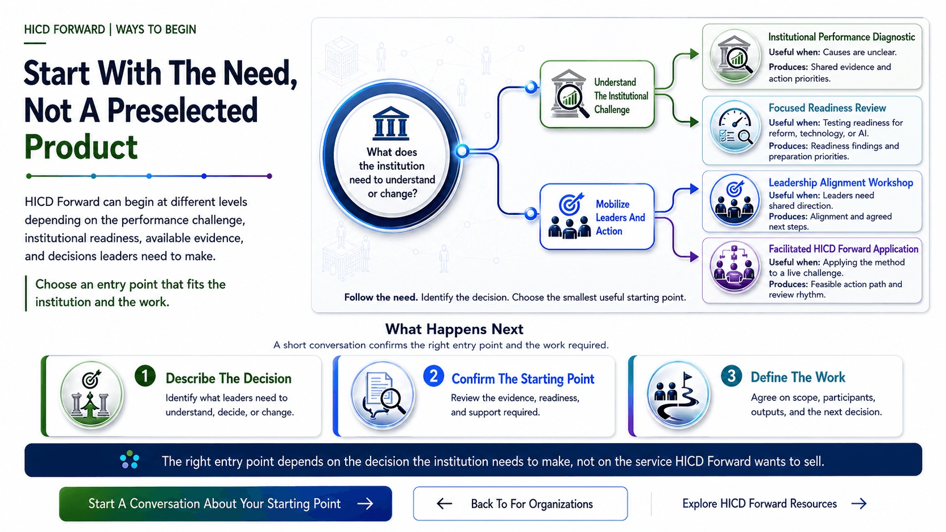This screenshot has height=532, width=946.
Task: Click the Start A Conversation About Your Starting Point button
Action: coord(226,503)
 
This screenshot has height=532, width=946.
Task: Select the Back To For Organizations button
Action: coord(521,503)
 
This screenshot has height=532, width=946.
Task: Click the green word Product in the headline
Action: coord(81,147)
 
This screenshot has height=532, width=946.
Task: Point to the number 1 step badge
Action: coord(145,376)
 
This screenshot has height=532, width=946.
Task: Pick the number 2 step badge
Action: coord(434,376)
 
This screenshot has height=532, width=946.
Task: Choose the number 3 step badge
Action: coord(732,376)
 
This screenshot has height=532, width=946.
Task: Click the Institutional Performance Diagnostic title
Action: coord(841,37)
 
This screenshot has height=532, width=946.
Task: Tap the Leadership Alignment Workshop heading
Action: coord(840,183)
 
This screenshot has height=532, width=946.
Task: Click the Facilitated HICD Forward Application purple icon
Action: coord(735,267)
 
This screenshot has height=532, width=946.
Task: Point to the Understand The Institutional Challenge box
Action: coord(597,94)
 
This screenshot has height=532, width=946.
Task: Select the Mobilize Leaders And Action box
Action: coord(597,217)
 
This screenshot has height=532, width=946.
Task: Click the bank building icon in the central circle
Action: coord(391,123)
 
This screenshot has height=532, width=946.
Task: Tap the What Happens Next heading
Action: coord(454,329)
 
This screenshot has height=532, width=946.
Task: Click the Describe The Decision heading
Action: coord(229,378)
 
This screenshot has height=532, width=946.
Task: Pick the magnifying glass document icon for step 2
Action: coord(383,395)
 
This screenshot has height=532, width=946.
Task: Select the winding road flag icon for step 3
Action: coord(678,395)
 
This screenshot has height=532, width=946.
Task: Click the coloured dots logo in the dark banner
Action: coord(129,460)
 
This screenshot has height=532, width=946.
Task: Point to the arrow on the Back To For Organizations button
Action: coord(444,503)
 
